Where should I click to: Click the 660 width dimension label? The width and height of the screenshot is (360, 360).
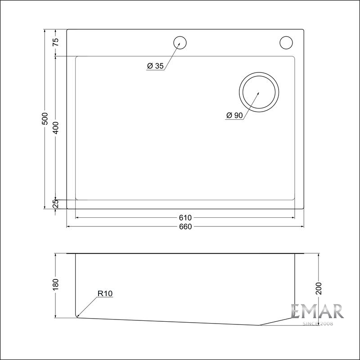coord(185,226)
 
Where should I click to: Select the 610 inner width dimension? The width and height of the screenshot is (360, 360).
coord(185,217)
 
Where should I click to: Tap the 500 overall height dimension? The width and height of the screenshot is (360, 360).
coord(45,120)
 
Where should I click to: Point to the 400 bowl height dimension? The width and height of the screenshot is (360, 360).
coord(55,128)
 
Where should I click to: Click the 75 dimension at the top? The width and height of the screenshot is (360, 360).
coord(55,43)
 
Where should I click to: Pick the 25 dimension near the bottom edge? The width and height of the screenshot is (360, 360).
coord(55,204)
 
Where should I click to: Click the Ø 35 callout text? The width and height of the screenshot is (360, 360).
coord(155,66)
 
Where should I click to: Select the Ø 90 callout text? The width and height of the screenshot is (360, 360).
coord(235,116)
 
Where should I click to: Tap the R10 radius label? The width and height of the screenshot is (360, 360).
coord(104,294)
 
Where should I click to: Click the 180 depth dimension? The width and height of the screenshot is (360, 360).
coord(55,284)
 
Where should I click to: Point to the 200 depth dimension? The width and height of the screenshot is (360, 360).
coord(319,288)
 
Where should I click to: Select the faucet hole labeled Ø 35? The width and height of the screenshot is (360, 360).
coord(180,42)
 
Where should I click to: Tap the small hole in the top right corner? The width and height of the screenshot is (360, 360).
coord(286,42)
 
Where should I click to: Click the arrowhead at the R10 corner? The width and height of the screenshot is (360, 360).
coord(78,315)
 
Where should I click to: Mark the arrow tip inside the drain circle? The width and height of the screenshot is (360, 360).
coord(258,93)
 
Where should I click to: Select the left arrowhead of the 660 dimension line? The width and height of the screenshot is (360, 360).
coord(69,226)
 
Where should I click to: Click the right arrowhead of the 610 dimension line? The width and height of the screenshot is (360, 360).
coord(293,217)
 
